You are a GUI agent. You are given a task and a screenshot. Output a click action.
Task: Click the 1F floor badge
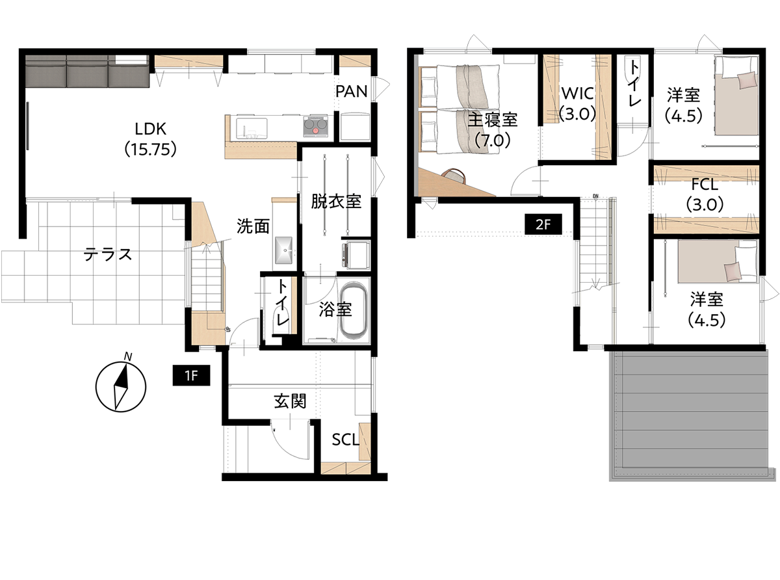click(x=191, y=376)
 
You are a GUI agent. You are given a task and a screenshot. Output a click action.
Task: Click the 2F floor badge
click(x=543, y=224)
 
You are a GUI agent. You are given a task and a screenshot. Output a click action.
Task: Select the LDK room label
click(x=150, y=139)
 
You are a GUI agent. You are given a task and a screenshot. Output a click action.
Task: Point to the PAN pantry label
click(x=351, y=92)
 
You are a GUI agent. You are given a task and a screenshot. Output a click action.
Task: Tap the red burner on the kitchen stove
click(x=315, y=131)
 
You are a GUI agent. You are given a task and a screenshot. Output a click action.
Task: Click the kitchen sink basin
click(x=252, y=128)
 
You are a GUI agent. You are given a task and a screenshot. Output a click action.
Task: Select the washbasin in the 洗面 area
click(x=283, y=250)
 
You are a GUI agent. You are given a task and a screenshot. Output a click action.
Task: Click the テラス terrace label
click(x=108, y=254)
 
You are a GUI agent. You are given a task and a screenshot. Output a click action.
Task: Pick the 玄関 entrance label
click(x=290, y=401)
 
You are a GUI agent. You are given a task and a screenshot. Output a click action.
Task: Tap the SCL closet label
click(x=346, y=440)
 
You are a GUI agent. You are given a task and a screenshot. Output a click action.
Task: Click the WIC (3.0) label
click(x=578, y=103)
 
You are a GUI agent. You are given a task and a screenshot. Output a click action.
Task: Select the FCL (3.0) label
click(x=705, y=194)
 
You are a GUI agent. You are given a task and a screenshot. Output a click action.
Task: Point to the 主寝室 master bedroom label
click(x=493, y=120)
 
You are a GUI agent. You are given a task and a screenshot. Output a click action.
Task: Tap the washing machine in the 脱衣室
click(x=356, y=254)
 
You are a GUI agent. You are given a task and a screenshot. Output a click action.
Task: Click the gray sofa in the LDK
click(x=87, y=72)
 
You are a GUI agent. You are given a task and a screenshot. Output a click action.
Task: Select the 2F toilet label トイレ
click(x=633, y=83)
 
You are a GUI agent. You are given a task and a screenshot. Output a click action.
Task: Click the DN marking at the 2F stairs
click(x=595, y=196)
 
